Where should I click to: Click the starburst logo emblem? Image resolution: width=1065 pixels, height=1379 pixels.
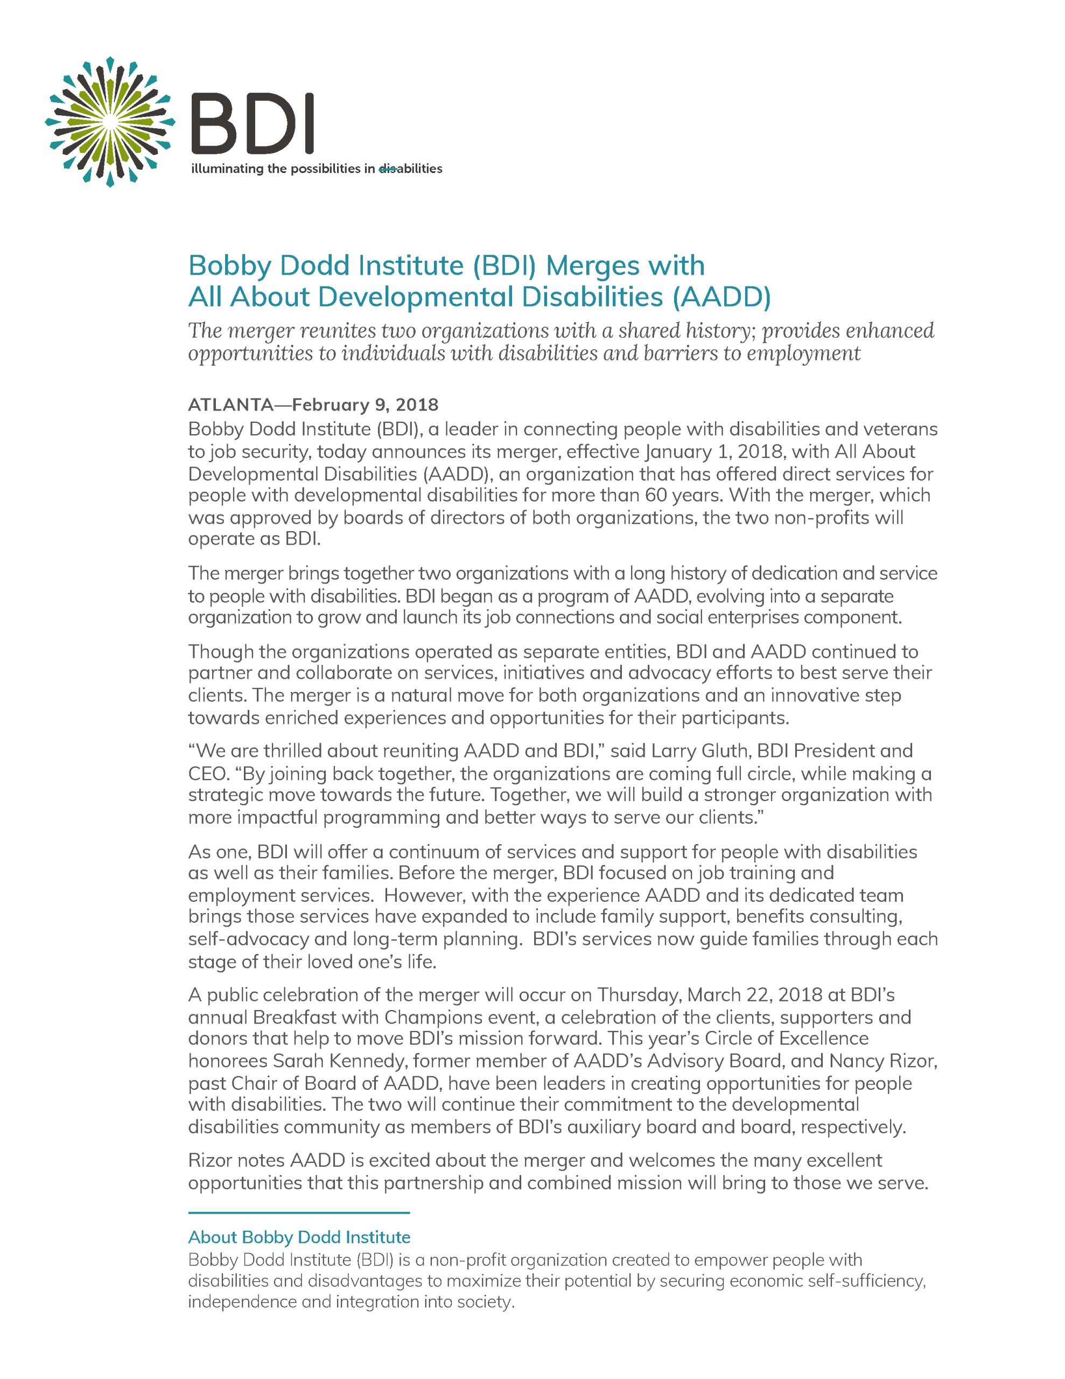click(109, 122)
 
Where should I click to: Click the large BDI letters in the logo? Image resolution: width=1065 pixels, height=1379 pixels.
click(252, 124)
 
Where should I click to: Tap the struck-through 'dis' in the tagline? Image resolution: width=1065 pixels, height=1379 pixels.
click(387, 169)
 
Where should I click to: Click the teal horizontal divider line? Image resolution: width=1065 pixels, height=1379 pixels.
click(299, 1213)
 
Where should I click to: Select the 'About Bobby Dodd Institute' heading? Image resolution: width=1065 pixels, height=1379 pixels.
click(299, 1237)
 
